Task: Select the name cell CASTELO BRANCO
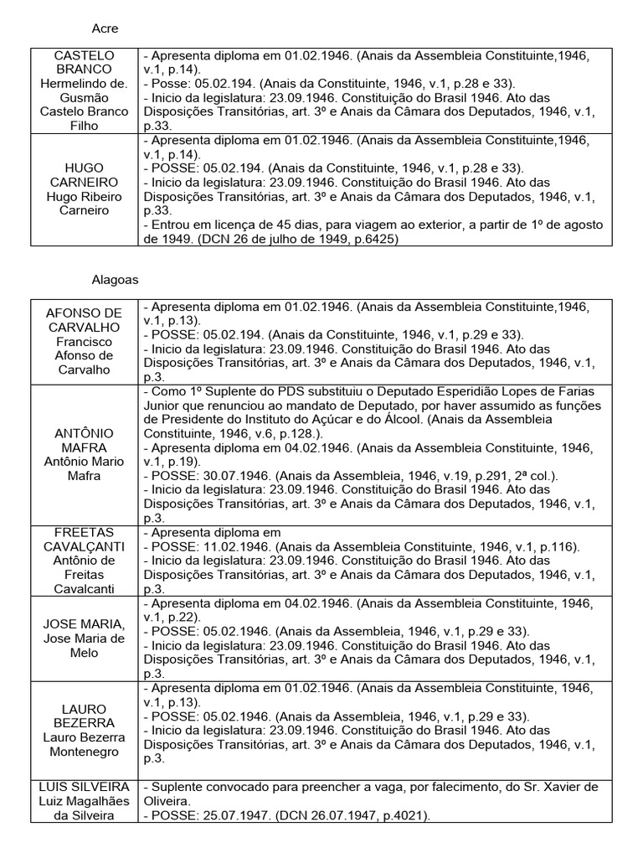pyautogui.click(x=84, y=90)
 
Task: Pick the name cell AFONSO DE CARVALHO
pyautogui.click(x=84, y=342)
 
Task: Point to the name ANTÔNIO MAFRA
pyautogui.click(x=84, y=454)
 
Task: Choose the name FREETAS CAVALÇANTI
pyautogui.click(x=84, y=561)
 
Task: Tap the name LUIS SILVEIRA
pyautogui.click(x=84, y=801)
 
